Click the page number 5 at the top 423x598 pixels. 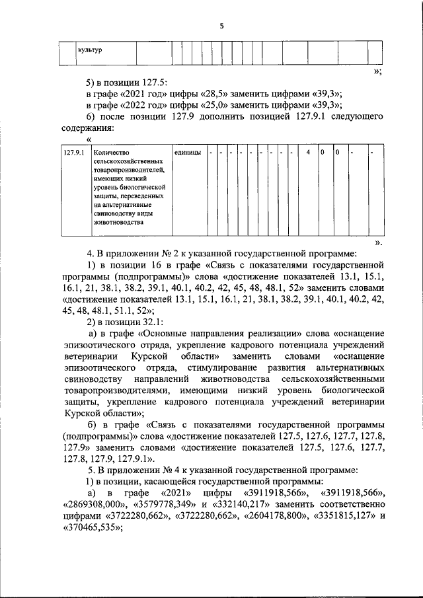222,26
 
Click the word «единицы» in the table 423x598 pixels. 188,153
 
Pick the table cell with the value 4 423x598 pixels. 307,153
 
